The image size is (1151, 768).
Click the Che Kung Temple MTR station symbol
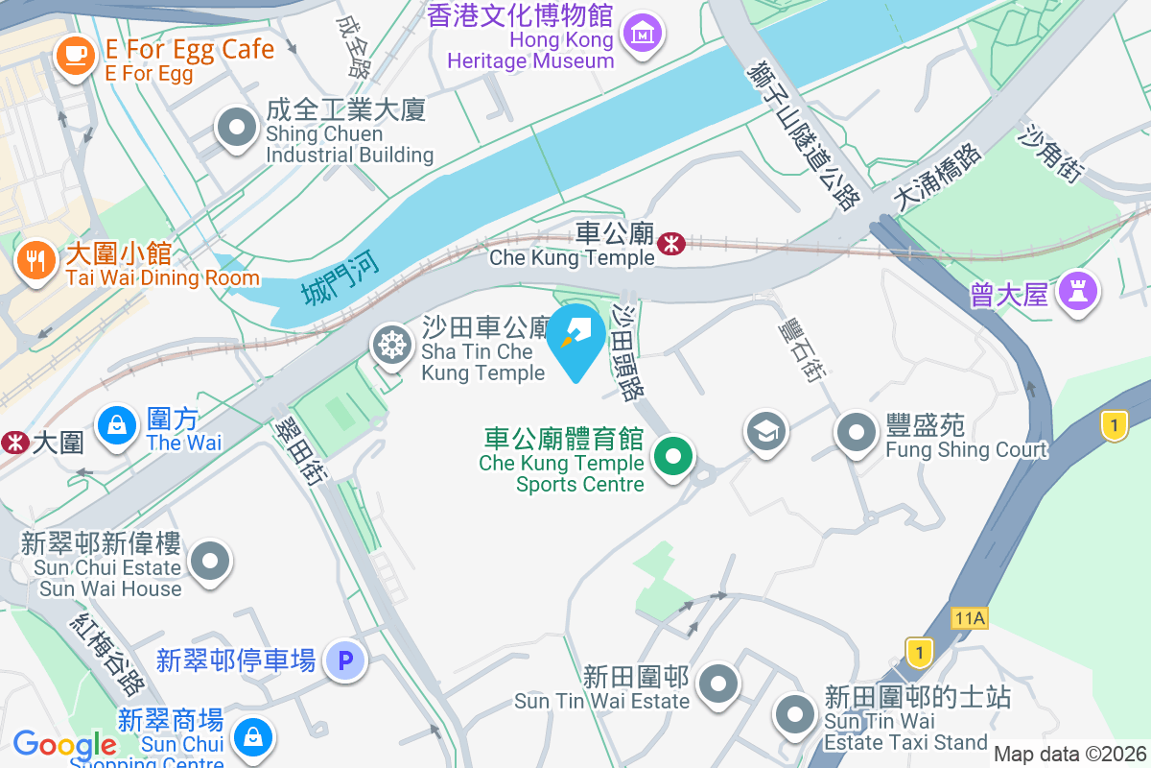tap(670, 245)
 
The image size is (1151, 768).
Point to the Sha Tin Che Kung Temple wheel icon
tap(392, 346)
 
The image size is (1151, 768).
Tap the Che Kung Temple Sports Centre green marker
tap(674, 456)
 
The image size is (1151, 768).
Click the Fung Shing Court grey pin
tap(857, 433)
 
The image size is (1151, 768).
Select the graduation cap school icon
tap(765, 431)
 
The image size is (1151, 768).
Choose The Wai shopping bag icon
tap(117, 424)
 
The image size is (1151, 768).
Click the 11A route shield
tap(971, 618)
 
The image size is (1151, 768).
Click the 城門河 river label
tap(340, 276)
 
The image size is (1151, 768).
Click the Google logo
tap(64, 744)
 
